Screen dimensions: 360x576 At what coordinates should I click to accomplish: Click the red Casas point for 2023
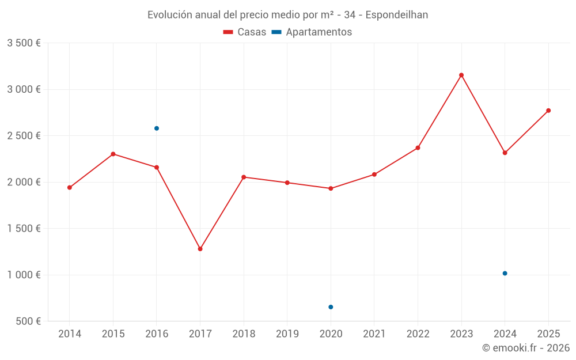(461, 75)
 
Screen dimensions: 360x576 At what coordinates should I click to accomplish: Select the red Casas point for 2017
(200, 249)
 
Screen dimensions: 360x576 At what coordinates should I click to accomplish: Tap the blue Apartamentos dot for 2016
(157, 128)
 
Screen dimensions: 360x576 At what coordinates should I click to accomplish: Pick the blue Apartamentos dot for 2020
(331, 307)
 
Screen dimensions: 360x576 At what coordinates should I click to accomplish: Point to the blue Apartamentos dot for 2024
(505, 273)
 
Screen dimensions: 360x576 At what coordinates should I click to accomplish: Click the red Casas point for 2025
(548, 111)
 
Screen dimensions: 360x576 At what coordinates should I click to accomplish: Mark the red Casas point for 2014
(70, 187)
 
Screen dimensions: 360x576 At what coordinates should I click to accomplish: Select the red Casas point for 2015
(113, 154)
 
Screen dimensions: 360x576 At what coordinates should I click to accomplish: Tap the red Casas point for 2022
(418, 148)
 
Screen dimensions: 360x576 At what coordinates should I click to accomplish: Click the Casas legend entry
(245, 32)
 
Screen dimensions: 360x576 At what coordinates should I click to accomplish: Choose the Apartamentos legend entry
(312, 32)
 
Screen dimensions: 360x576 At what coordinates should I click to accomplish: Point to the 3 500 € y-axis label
(24, 43)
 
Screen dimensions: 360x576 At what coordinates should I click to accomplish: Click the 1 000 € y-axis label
(24, 275)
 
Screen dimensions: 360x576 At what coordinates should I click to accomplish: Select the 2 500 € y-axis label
(24, 136)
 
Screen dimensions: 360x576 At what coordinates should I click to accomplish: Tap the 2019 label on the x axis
(287, 334)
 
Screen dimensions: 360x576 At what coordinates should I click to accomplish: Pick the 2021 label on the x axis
(374, 334)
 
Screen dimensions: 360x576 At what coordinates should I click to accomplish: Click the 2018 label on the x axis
(244, 334)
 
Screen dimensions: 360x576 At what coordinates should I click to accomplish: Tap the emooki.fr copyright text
(526, 348)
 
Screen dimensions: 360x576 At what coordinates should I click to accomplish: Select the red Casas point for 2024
(505, 153)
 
